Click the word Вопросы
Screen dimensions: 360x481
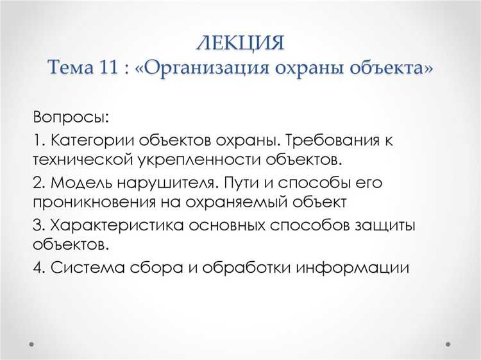(x=71, y=118)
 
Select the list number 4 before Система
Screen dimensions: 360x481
(x=37, y=267)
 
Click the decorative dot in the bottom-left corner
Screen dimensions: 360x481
(x=30, y=343)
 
